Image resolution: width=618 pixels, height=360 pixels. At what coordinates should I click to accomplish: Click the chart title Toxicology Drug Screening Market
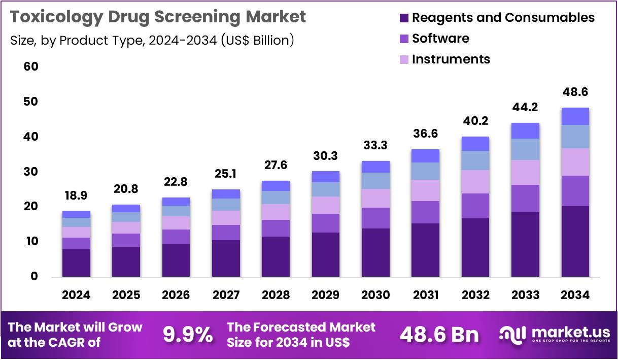[158, 17]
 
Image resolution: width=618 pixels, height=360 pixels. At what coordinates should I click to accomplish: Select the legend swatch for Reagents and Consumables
[404, 18]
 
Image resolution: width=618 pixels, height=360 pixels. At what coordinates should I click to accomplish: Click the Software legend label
[440, 39]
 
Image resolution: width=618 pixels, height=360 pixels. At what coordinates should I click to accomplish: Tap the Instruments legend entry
[451, 59]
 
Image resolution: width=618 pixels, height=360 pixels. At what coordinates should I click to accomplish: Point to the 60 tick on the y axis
[31, 67]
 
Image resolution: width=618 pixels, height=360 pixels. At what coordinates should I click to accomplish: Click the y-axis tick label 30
[31, 172]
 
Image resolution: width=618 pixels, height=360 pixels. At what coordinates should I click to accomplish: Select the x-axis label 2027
[226, 295]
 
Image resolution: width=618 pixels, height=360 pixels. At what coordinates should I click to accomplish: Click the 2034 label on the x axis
[575, 295]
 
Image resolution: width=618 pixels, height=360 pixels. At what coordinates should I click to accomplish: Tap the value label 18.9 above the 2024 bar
[76, 196]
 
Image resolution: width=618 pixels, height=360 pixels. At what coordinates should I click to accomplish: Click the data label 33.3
[375, 146]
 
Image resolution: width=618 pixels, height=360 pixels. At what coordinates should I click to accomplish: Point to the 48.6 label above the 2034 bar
[575, 92]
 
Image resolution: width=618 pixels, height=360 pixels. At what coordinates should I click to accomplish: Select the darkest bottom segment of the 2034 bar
[575, 241]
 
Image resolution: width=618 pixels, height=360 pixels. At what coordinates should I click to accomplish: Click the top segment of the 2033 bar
[525, 130]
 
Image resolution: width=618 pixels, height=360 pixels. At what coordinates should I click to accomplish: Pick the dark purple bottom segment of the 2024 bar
[76, 263]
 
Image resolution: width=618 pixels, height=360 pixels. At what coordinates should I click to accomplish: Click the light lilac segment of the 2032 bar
[475, 181]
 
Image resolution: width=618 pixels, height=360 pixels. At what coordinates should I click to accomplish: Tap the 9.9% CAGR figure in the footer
[188, 335]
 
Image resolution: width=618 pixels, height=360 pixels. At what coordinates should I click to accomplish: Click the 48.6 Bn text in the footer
[439, 335]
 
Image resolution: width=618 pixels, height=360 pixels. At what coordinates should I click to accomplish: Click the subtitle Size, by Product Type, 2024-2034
[152, 41]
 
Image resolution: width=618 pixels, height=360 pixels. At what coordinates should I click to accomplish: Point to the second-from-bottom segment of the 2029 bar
[326, 223]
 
